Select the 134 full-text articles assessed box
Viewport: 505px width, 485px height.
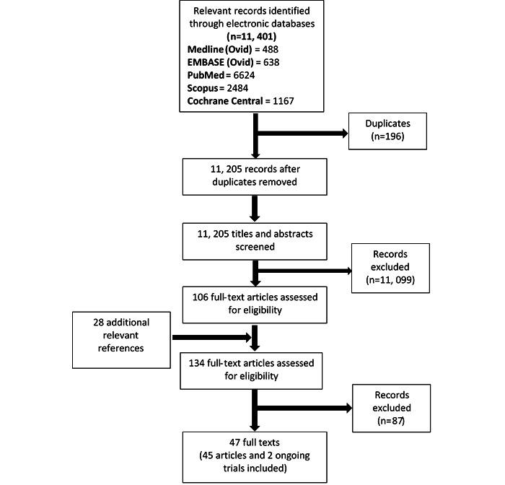tap(252, 369)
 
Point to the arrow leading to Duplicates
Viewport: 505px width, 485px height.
tap(303, 134)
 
